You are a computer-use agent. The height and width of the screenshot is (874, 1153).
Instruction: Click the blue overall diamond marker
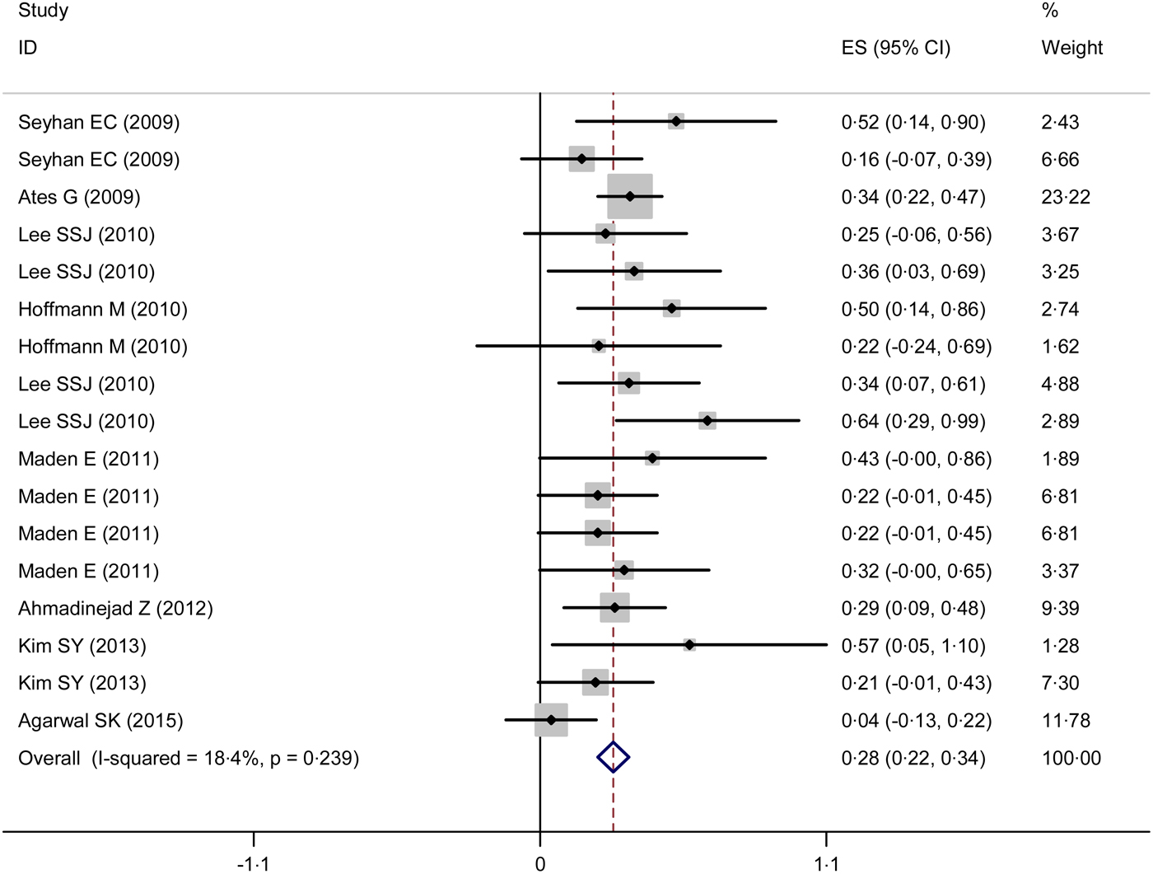(613, 757)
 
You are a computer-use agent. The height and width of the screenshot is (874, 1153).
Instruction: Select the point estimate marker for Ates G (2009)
(630, 196)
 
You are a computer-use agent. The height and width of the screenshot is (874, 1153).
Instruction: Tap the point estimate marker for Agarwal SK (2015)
(551, 720)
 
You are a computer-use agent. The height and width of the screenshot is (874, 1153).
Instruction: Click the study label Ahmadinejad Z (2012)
(115, 609)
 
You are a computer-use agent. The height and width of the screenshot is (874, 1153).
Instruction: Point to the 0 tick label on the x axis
(539, 863)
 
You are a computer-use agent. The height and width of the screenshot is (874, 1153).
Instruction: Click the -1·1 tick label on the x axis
(253, 863)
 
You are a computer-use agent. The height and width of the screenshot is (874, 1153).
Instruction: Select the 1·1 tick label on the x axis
(826, 863)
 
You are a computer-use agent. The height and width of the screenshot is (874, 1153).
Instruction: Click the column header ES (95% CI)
(895, 48)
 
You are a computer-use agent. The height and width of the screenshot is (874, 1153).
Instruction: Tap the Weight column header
(1071, 48)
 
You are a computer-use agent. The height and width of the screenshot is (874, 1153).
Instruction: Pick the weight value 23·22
(1066, 197)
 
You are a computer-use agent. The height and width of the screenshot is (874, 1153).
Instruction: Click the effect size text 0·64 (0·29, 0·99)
(913, 422)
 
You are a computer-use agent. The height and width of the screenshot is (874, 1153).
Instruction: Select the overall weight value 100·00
(1071, 758)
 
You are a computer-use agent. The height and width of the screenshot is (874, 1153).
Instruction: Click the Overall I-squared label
(189, 758)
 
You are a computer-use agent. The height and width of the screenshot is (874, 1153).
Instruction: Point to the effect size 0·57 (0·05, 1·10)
(913, 646)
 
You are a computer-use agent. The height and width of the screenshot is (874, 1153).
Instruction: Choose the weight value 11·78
(1066, 721)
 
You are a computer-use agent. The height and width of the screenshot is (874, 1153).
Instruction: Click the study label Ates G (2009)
(79, 197)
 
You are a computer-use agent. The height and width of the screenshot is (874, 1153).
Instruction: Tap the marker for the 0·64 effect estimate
(707, 421)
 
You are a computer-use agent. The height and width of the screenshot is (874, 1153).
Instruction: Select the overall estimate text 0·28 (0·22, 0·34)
(913, 758)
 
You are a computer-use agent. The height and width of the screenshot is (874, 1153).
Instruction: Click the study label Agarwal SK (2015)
(100, 721)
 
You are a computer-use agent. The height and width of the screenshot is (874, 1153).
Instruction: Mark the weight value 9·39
(1060, 609)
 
